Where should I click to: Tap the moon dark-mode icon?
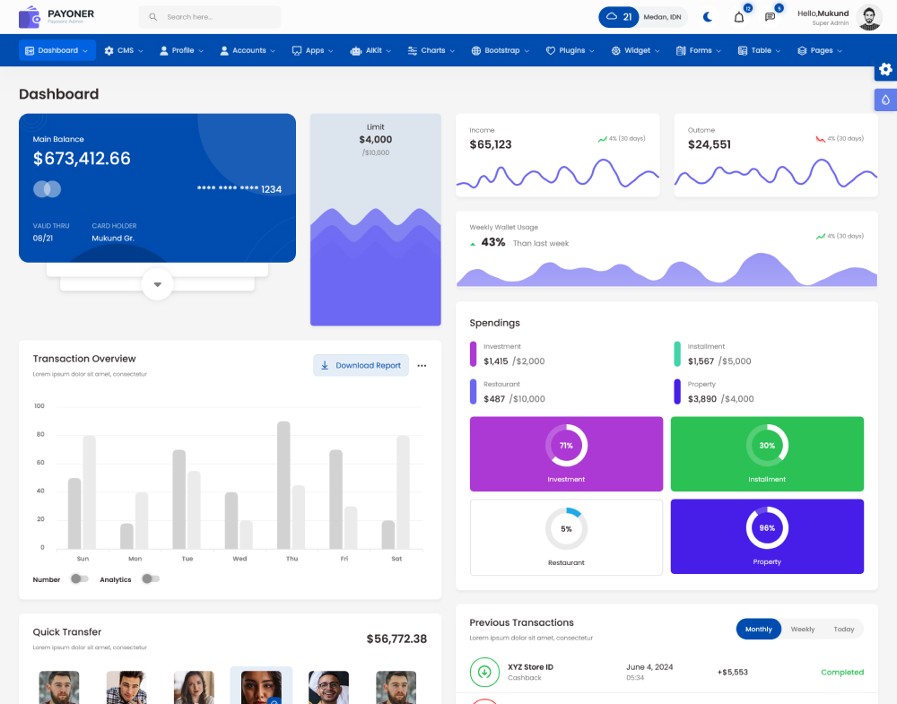708,17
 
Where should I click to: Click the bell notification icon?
739,17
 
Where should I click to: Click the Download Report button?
361,366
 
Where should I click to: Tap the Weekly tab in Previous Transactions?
803,630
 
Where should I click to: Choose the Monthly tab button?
759,630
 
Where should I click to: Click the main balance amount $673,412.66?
82,159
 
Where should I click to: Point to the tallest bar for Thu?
283,484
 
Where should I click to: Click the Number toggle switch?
79,579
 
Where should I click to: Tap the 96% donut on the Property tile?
767,528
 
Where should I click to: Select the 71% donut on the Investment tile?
566,446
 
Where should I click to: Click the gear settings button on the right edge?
885,69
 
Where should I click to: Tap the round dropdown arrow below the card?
157,284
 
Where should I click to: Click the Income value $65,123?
491,144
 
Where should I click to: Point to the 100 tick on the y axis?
39,406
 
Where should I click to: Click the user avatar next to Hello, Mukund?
869,17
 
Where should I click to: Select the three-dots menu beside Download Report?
422,366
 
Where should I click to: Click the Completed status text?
842,672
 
